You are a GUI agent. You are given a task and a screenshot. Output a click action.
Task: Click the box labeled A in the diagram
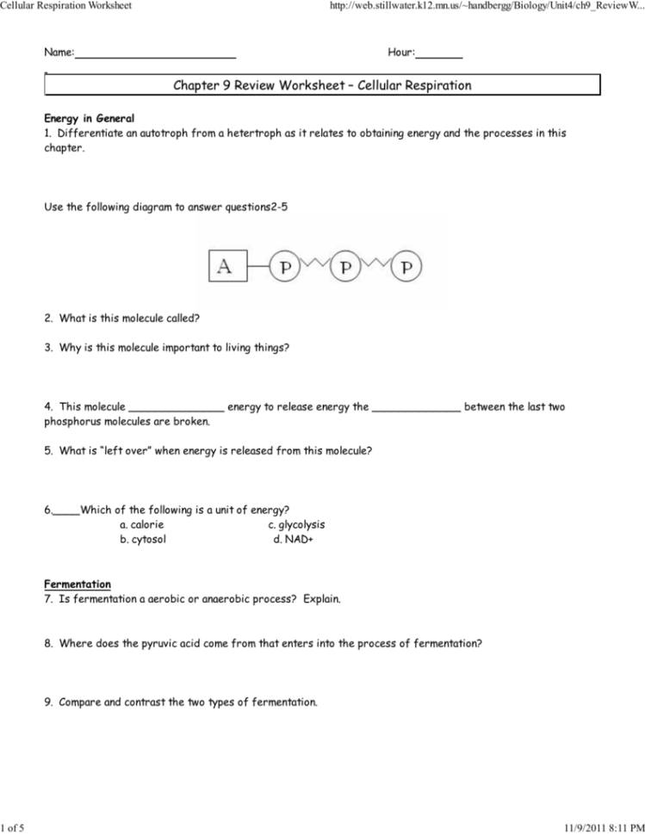[x=226, y=268]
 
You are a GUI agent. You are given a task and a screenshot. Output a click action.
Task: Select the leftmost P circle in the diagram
[x=285, y=268]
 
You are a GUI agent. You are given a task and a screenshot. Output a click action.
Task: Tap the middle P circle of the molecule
[x=345, y=268]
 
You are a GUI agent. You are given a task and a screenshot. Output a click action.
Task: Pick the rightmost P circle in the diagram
[x=406, y=268]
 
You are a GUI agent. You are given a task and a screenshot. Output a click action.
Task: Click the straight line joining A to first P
[x=257, y=268]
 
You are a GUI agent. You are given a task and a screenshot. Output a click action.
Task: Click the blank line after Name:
[x=156, y=54]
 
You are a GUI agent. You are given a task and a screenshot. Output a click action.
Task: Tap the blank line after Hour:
[x=439, y=54]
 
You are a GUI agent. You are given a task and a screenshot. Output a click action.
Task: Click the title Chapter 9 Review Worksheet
[x=322, y=85]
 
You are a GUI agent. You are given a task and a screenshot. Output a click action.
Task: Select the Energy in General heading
[x=89, y=118]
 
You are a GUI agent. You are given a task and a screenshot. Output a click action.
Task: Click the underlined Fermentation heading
[x=78, y=584]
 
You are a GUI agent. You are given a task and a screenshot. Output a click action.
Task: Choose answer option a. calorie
[x=142, y=524]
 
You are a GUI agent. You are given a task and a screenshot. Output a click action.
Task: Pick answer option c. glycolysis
[x=296, y=524]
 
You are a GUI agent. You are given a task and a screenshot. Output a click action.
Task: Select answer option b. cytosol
[x=143, y=540]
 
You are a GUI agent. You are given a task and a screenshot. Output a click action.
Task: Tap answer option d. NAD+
[x=293, y=540]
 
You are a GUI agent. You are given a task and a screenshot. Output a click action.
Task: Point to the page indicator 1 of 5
[x=13, y=828]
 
